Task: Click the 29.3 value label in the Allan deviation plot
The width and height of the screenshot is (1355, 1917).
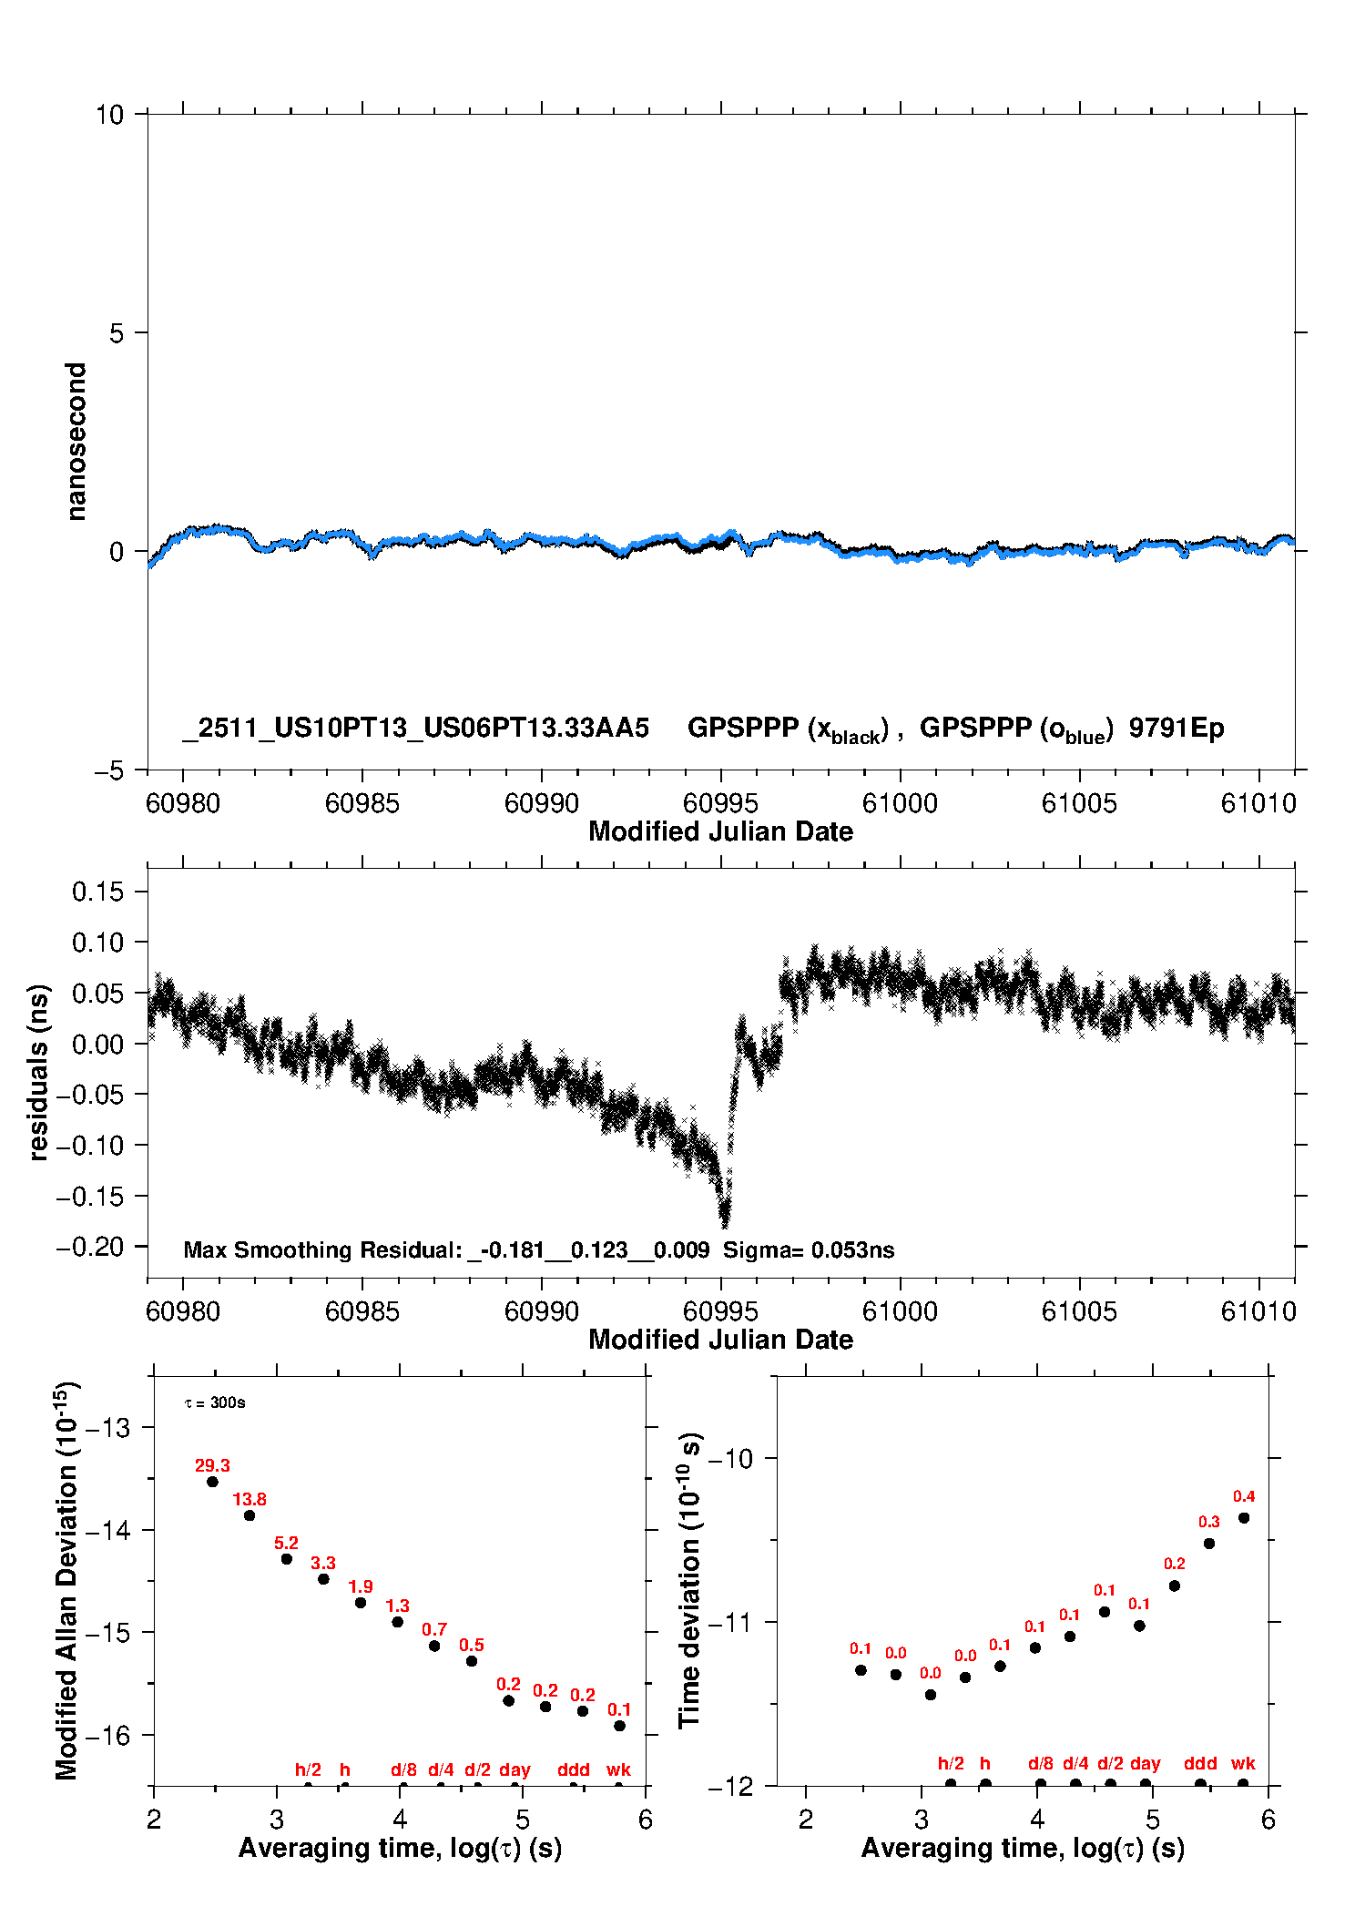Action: pyautogui.click(x=212, y=1465)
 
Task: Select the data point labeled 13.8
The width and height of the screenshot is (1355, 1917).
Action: pyautogui.click(x=250, y=1515)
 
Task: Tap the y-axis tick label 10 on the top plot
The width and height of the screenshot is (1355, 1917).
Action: pyautogui.click(x=109, y=115)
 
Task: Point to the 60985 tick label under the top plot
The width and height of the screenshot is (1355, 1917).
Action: pyautogui.click(x=362, y=803)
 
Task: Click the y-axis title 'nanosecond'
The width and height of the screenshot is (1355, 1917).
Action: pyautogui.click(x=76, y=441)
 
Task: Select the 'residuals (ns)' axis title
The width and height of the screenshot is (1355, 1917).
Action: pyautogui.click(x=38, y=1072)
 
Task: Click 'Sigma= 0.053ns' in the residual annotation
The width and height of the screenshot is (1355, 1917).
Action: pyautogui.click(x=809, y=1249)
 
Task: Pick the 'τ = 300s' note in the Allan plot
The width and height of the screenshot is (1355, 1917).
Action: pyautogui.click(x=215, y=1402)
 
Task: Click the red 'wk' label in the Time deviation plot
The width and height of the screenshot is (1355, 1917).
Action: pyautogui.click(x=1243, y=1763)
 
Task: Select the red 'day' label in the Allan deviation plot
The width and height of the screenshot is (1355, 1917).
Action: pyautogui.click(x=514, y=1769)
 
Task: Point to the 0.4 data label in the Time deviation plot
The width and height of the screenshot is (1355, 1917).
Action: pyautogui.click(x=1244, y=1496)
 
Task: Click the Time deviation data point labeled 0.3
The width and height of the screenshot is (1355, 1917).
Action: pyautogui.click(x=1209, y=1544)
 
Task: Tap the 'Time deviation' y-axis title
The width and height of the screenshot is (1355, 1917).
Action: pyautogui.click(x=690, y=1580)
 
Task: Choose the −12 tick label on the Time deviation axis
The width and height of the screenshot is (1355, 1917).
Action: pyautogui.click(x=730, y=1786)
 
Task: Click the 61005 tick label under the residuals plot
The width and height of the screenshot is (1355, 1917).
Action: pyautogui.click(x=1079, y=1311)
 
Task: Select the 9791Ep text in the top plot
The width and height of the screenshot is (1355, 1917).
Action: pyautogui.click(x=1177, y=728)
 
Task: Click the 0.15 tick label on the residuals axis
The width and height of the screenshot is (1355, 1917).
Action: pyautogui.click(x=97, y=892)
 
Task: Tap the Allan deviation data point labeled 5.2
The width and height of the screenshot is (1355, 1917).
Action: pyautogui.click(x=287, y=1559)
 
